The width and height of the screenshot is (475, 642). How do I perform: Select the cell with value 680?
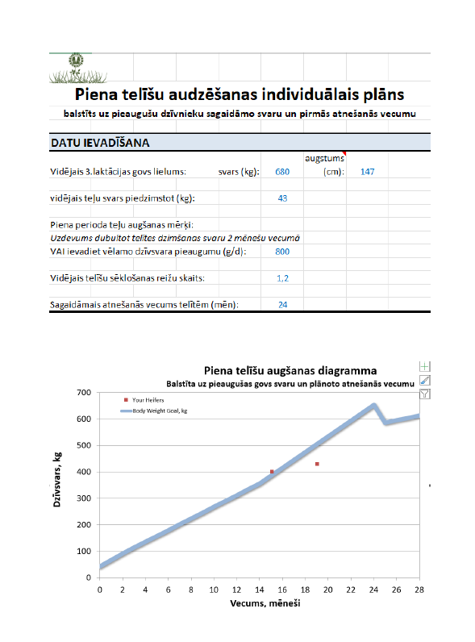[x=281, y=172]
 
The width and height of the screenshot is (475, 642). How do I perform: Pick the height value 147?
[x=368, y=172]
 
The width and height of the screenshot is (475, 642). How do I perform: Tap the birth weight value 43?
[x=282, y=198]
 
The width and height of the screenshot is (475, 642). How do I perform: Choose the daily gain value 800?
[x=281, y=252]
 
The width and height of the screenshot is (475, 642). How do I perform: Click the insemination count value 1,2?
[x=282, y=278]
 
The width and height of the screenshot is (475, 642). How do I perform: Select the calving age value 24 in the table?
[x=282, y=305]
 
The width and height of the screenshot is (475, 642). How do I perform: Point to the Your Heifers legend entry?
[x=148, y=399]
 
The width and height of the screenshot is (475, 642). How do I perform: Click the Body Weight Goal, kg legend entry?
[x=161, y=411]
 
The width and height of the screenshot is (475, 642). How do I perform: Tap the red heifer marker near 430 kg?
[x=317, y=464]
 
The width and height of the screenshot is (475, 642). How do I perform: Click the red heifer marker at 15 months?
[x=272, y=472]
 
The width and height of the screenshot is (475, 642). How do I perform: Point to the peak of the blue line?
[x=373, y=405]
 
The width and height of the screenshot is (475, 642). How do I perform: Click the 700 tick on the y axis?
[x=83, y=393]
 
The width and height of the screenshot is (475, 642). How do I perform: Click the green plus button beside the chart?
[x=425, y=366]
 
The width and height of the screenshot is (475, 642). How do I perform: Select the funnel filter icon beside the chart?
[x=425, y=394]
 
